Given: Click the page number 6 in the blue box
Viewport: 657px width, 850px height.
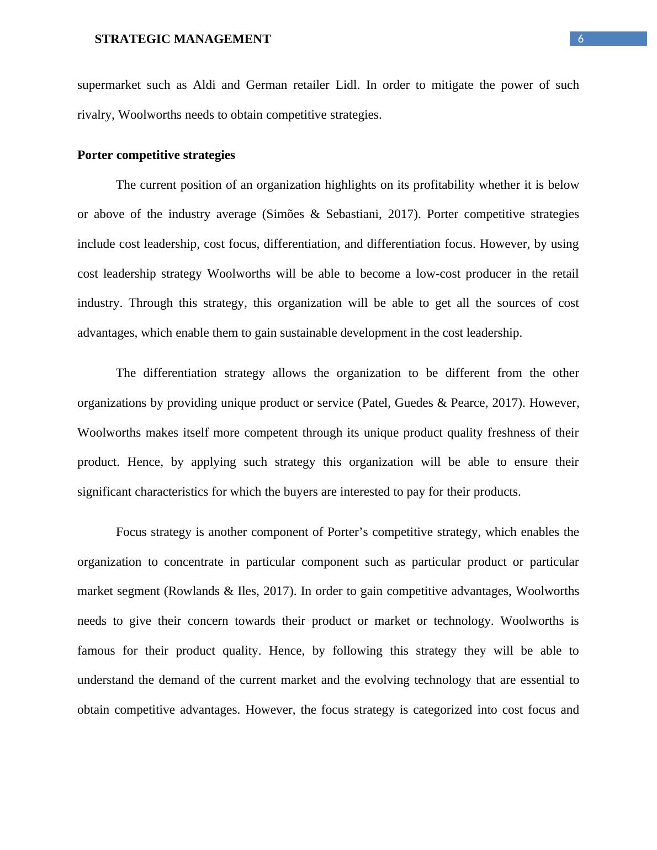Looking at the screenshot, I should [x=580, y=39].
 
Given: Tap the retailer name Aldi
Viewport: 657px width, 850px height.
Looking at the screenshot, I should [x=204, y=85].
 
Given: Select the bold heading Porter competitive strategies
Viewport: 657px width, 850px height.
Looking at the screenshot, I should [x=156, y=155].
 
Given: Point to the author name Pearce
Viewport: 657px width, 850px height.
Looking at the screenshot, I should [x=469, y=403].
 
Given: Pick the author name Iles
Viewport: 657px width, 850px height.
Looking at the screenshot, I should [x=249, y=591].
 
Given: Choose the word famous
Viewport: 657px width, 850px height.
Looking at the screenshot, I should [x=96, y=651].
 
